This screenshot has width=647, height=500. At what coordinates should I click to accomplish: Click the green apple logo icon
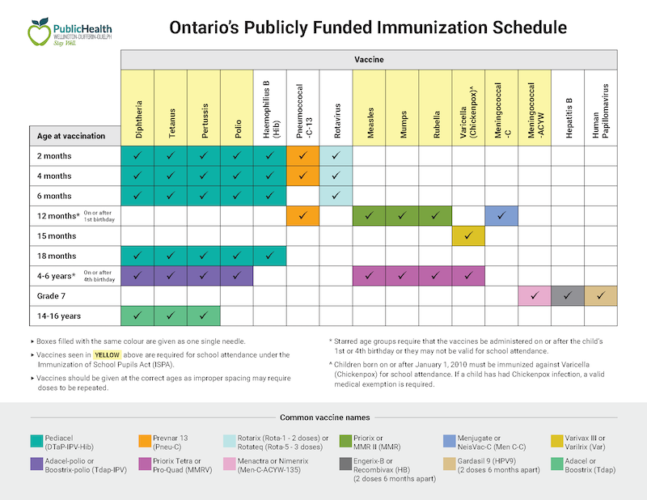click(39, 32)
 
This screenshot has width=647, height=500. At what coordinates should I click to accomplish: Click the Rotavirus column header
click(336, 121)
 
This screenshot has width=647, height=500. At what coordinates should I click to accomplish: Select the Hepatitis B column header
click(569, 118)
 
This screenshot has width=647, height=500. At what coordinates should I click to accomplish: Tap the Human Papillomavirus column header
click(600, 111)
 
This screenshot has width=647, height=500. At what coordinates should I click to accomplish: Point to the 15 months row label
click(57, 235)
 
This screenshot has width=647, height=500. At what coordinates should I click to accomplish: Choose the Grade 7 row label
click(51, 296)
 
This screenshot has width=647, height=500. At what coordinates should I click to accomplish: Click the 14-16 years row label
click(59, 316)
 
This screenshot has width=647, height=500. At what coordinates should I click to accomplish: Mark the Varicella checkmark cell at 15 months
click(468, 235)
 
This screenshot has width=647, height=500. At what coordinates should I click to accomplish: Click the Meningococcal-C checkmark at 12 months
click(501, 216)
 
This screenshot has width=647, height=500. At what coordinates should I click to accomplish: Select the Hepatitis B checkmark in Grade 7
click(568, 295)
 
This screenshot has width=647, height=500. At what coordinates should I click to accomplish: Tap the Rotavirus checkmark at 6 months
click(336, 196)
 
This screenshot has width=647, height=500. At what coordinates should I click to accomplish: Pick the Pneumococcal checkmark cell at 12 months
click(302, 216)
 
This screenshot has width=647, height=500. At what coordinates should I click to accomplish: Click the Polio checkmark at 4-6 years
click(236, 276)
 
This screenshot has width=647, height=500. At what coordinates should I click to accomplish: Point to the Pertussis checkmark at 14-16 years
click(204, 316)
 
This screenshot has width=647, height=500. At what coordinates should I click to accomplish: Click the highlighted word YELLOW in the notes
click(107, 355)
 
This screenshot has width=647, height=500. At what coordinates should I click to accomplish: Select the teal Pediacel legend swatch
click(36, 441)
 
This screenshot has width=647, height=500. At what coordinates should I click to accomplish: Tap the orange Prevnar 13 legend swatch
click(145, 441)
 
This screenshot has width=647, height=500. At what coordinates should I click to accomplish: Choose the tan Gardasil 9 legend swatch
click(450, 464)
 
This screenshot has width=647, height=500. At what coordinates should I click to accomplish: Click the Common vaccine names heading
click(325, 417)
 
